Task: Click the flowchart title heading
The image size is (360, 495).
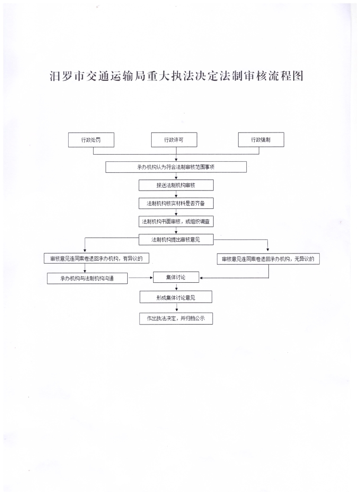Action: coord(177,76)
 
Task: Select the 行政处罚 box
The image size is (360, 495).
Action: coord(91,140)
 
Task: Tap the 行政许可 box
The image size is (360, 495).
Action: coord(174,140)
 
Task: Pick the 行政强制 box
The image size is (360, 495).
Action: coord(261,140)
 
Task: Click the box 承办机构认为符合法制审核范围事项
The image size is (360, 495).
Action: coord(176,167)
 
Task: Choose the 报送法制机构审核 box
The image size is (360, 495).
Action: coord(176,185)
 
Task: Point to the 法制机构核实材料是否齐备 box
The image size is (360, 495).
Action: coord(176,204)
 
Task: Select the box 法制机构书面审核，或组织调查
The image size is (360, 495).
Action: coord(176,222)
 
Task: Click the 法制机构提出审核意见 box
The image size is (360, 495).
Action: coord(176,239)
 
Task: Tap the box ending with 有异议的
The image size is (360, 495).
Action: coord(96,258)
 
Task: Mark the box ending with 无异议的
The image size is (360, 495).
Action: coord(268,259)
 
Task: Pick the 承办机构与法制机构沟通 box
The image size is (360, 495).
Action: coord(87,278)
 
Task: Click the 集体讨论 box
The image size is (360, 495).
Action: coord(176,277)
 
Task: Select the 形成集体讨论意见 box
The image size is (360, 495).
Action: coord(176,298)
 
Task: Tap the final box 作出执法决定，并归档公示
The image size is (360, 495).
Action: coord(176,318)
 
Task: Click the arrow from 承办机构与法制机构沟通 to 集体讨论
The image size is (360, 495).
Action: coord(140,278)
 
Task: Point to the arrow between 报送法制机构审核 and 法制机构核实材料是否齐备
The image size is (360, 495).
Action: coord(176,194)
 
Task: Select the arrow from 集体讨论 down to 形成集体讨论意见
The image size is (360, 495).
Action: coord(176,287)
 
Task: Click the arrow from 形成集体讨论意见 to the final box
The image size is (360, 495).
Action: coord(176,308)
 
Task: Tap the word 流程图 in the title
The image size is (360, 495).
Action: coord(286,76)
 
